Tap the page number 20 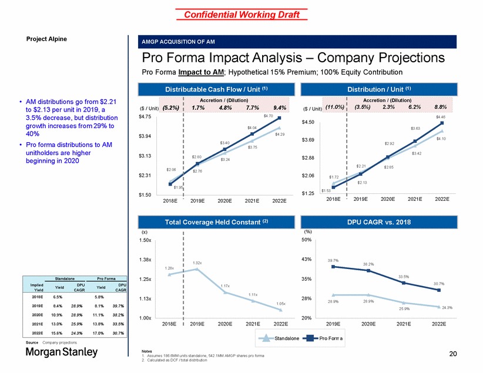[453, 354]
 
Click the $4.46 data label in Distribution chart [441, 117]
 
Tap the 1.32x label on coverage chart [197, 263]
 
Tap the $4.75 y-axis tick [146, 117]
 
